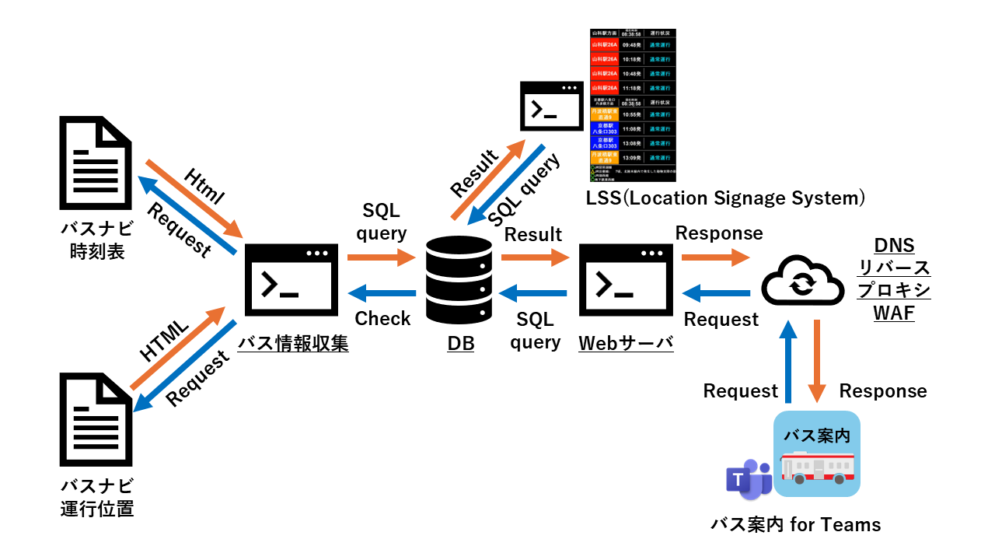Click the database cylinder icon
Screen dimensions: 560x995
coord(459,282)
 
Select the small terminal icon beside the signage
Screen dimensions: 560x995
coord(551,107)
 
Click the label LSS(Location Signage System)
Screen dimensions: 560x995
coord(725,198)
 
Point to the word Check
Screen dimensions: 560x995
coord(382,318)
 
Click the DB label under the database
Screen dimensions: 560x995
coord(460,343)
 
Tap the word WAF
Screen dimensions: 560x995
coord(893,313)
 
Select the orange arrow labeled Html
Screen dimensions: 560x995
coord(194,198)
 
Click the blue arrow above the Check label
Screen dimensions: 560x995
coord(382,292)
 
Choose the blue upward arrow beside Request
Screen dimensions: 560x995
coord(789,362)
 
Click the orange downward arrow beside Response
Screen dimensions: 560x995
coord(818,362)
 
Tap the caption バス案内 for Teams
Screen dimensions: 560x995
coord(796,524)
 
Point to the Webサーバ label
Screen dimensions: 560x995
coord(626,343)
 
